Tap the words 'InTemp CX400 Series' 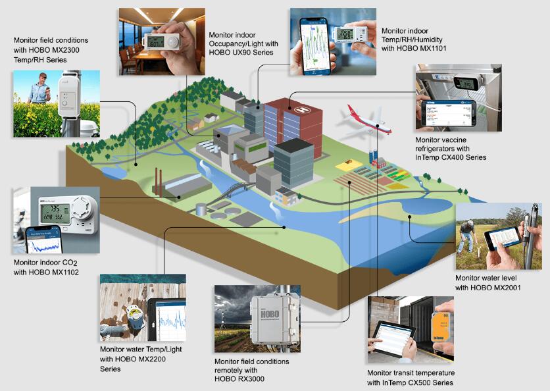click(451, 157)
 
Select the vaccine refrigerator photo click(458, 97)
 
